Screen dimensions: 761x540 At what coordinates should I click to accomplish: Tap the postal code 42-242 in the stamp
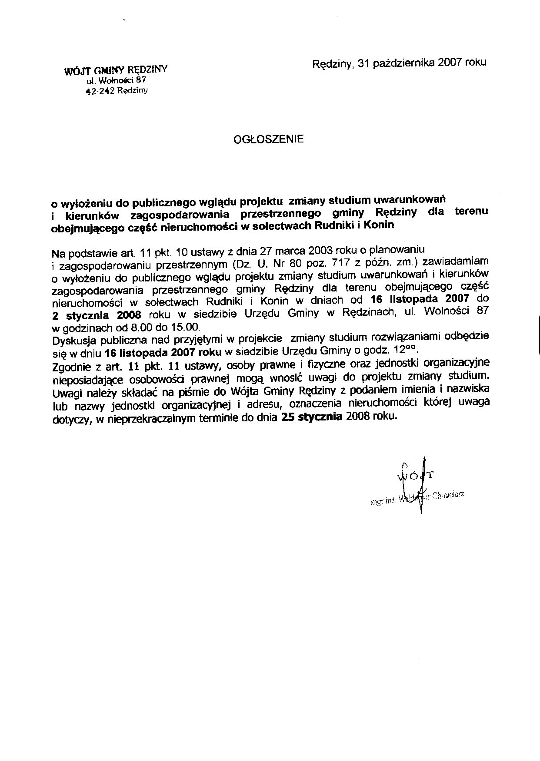click(100, 91)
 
